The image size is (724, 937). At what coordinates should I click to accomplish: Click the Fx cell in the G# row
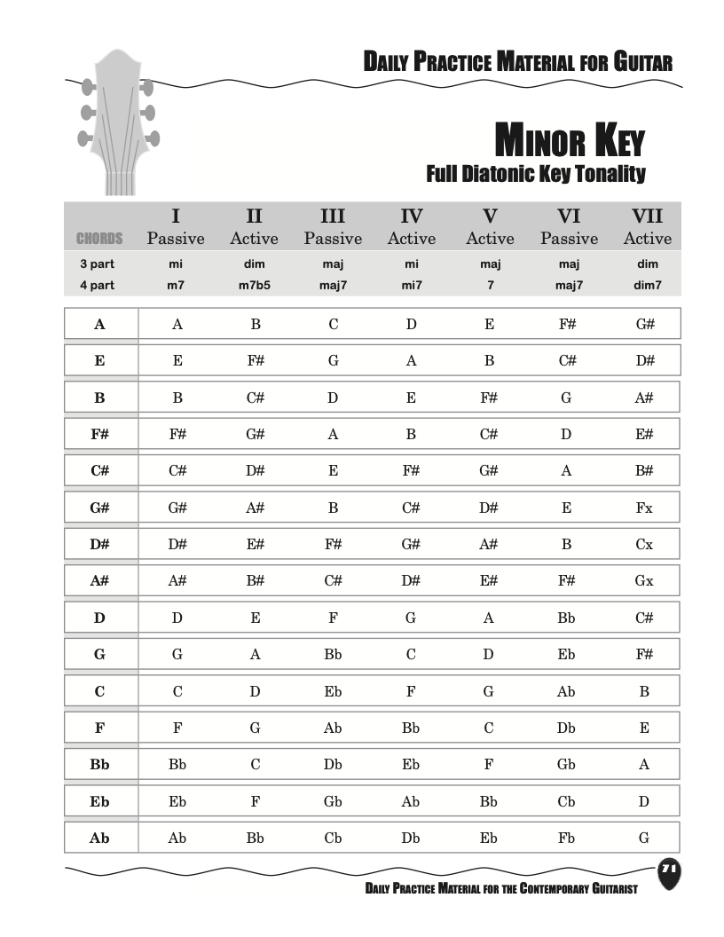644,508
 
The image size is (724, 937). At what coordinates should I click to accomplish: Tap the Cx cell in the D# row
644,545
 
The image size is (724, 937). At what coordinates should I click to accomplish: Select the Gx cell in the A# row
644,581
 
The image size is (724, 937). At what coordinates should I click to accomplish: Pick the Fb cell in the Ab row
566,838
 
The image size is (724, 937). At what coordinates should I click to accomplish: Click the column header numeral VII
647,217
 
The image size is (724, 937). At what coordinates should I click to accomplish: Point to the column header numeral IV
411,217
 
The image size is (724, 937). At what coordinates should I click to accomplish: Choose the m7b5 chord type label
255,286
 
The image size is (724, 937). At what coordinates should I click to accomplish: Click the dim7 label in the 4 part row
647,286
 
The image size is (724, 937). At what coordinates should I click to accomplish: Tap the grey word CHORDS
99,239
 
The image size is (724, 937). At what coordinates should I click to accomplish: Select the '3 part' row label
97,264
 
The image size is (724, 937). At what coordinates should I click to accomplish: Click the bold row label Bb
99,765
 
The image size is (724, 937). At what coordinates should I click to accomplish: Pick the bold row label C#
99,471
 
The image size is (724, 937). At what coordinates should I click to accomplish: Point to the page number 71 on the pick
670,869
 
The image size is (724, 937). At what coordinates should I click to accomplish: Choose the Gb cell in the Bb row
566,765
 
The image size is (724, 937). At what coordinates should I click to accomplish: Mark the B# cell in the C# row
644,471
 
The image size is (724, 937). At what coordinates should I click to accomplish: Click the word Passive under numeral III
333,239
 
